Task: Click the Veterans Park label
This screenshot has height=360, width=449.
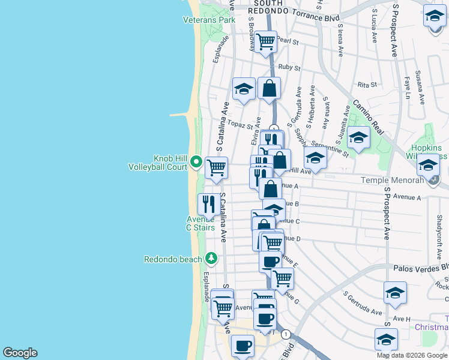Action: pos(209,20)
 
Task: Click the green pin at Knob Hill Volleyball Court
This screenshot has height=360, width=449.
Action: pos(196,162)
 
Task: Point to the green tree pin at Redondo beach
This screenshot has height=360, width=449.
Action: pos(211,259)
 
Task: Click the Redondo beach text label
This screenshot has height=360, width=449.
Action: pos(173,259)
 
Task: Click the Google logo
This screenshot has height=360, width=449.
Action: pos(20,353)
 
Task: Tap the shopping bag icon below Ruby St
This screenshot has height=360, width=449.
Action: pos(270,88)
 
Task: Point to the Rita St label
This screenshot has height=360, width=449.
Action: pos(367,85)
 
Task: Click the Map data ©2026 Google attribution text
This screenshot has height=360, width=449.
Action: pos(411,355)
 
